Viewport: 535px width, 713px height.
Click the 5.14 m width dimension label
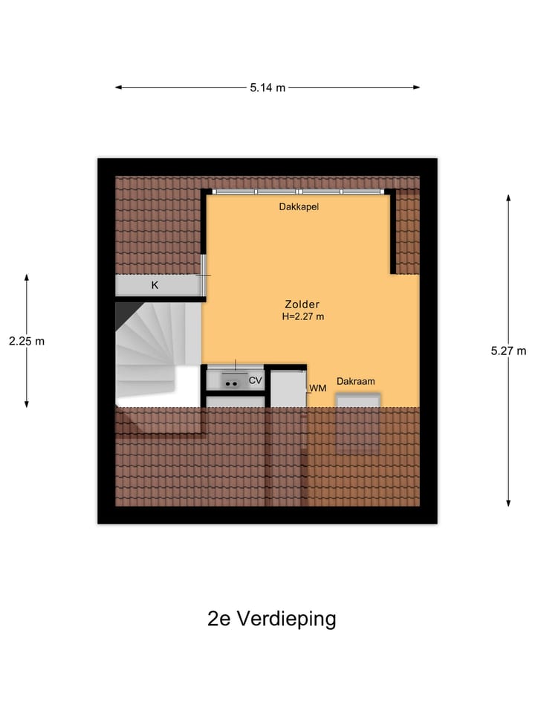pyautogui.click(x=267, y=88)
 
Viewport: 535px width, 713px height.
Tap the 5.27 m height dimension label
pyautogui.click(x=508, y=351)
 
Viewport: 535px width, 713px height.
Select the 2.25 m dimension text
pyautogui.click(x=27, y=342)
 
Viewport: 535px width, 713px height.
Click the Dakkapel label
pyautogui.click(x=299, y=207)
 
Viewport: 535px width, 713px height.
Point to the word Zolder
pyautogui.click(x=302, y=305)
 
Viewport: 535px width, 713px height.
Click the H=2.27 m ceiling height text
pyautogui.click(x=302, y=316)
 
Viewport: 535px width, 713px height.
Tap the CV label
pyautogui.click(x=256, y=380)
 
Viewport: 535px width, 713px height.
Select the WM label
pyautogui.click(x=318, y=388)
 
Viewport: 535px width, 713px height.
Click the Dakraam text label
pyautogui.click(x=355, y=381)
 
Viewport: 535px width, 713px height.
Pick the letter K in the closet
pyautogui.click(x=155, y=285)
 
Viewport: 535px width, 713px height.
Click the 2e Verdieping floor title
pyautogui.click(x=271, y=619)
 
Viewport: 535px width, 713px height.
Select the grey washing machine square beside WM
pyautogui.click(x=288, y=388)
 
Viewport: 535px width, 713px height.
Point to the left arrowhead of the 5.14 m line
pyautogui.click(x=117, y=88)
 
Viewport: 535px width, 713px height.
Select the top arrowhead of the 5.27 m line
pyautogui.click(x=508, y=198)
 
